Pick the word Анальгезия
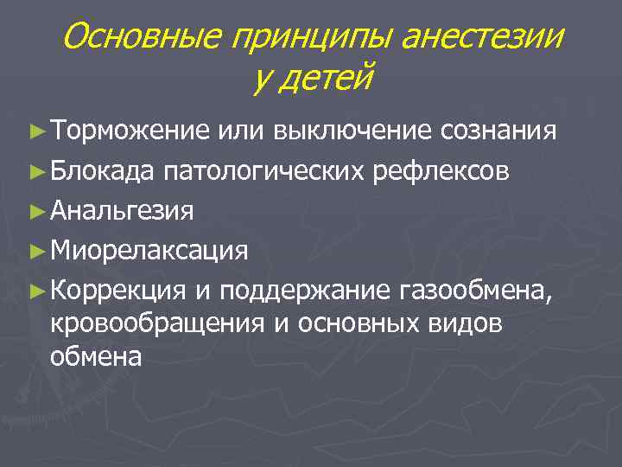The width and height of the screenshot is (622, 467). coord(122,210)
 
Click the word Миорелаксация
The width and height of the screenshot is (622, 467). coord(149,251)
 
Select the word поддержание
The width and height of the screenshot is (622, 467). coord(306,291)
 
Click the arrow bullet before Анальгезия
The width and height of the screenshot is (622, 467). coord(35,210)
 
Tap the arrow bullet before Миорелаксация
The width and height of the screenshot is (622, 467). coord(35,251)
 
